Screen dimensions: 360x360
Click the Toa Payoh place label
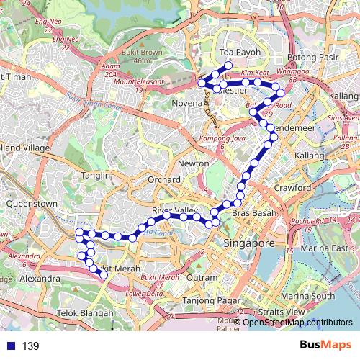237,53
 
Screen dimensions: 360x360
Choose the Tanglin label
96,176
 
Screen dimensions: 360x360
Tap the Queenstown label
31,204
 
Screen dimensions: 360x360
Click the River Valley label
175,210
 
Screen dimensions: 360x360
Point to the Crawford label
292,188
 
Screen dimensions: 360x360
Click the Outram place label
201,277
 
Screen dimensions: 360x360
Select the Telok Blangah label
86,313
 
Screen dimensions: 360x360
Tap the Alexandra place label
40,278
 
